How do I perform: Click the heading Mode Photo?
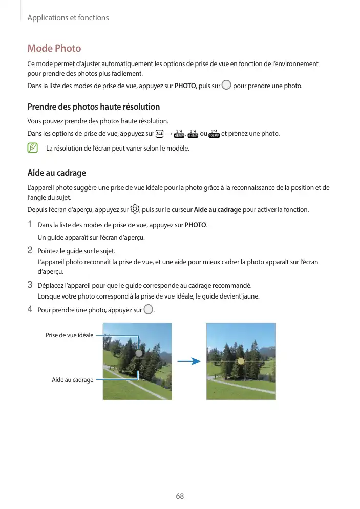(x=54, y=49)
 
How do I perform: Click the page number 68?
(x=180, y=496)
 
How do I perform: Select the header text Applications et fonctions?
(x=68, y=18)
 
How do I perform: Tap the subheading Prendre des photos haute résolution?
(x=93, y=107)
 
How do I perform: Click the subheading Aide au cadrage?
(x=56, y=173)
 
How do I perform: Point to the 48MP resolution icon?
(x=179, y=134)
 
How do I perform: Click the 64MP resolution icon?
(x=193, y=134)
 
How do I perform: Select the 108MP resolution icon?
(x=214, y=134)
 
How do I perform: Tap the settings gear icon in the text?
(x=135, y=209)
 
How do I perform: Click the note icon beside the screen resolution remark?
(x=33, y=149)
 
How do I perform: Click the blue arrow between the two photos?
(x=188, y=361)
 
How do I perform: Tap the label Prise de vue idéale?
(x=69, y=335)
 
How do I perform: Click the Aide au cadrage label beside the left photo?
(x=72, y=380)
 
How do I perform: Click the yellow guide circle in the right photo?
(x=241, y=361)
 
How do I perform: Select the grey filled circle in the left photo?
(x=138, y=353)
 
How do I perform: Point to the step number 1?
(x=30, y=225)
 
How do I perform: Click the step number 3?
(x=30, y=285)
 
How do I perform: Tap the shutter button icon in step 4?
(x=149, y=309)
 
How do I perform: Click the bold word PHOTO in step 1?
(x=195, y=225)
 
